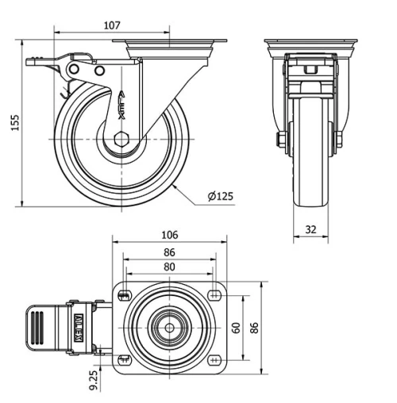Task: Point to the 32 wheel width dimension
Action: coord(310,229)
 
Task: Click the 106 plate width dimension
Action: coord(168,235)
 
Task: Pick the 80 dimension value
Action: coord(168,267)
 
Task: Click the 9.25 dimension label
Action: coord(94,381)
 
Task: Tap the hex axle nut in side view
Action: coord(121,140)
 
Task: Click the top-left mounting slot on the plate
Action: coord(124,296)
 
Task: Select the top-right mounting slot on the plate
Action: coord(214,296)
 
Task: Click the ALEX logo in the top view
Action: coord(79,328)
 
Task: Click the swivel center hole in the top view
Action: coord(169,328)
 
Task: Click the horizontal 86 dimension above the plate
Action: coord(168,252)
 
